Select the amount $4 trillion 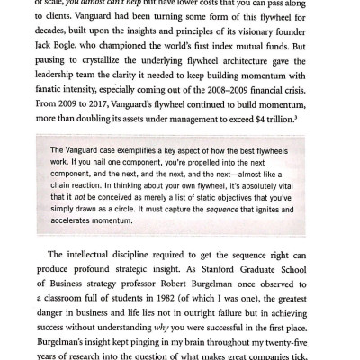coord(293,130)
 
